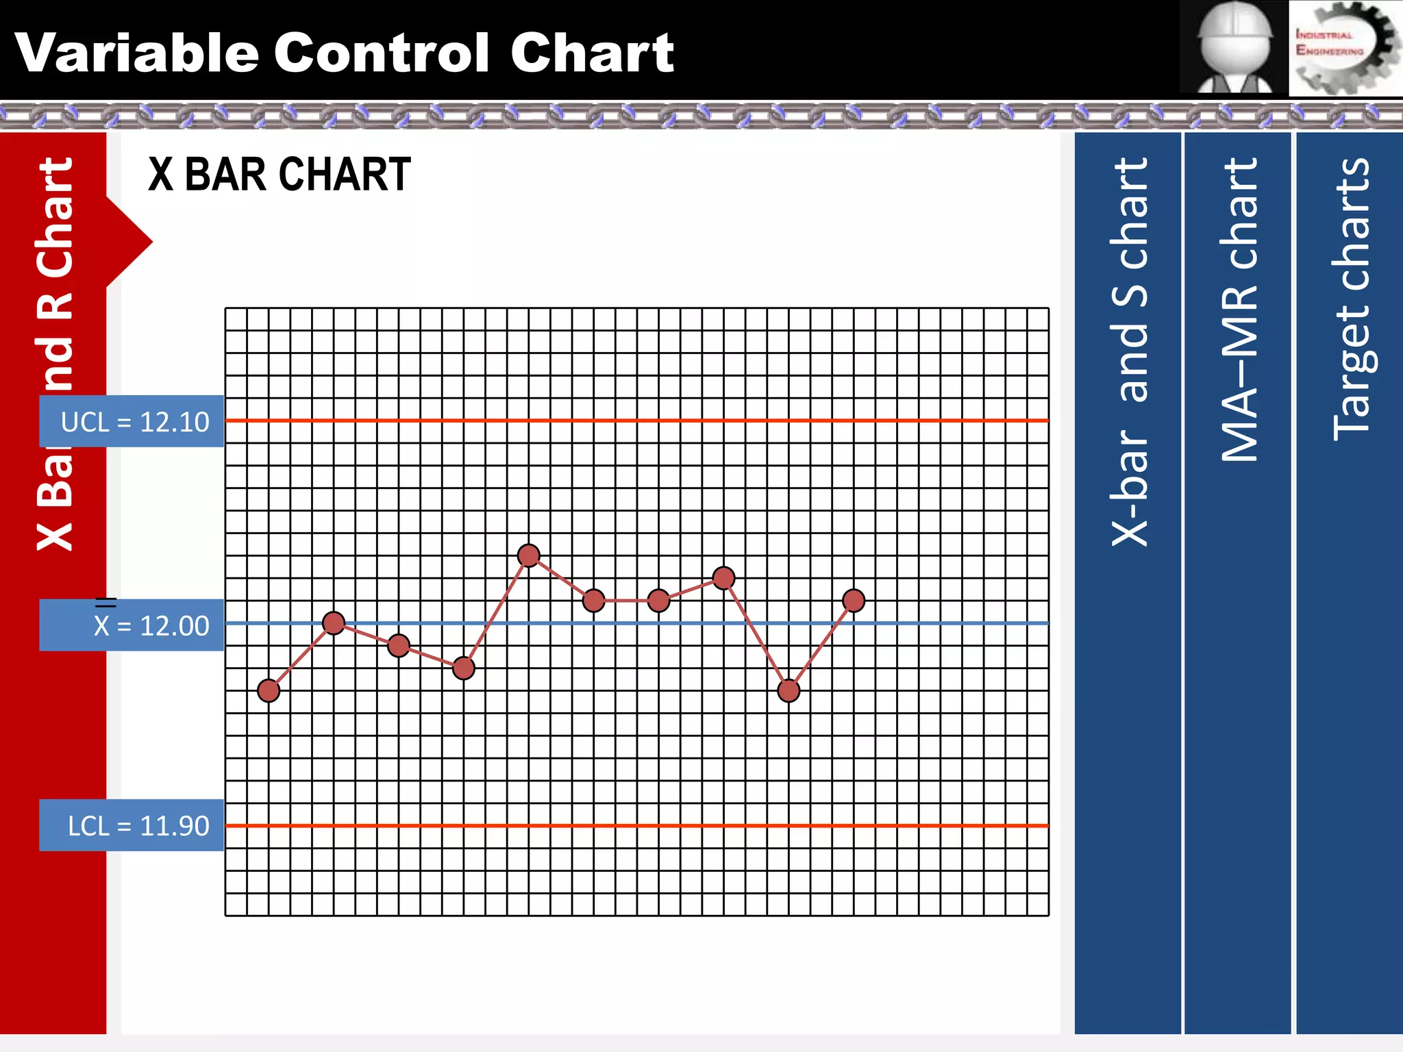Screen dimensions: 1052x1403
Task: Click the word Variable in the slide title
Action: point(137,53)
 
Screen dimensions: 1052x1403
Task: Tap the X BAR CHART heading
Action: point(280,175)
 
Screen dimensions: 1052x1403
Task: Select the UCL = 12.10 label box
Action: point(132,421)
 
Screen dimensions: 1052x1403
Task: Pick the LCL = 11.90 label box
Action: point(132,825)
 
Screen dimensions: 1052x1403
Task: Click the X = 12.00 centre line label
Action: point(132,625)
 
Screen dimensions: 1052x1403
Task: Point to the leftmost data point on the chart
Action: point(269,690)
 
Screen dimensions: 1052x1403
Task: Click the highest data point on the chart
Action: point(528,555)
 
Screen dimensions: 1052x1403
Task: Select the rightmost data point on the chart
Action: point(854,601)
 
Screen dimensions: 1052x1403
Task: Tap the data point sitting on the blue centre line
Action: point(334,623)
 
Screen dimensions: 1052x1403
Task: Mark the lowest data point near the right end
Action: point(789,690)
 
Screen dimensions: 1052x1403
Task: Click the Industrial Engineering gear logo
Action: point(1344,48)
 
